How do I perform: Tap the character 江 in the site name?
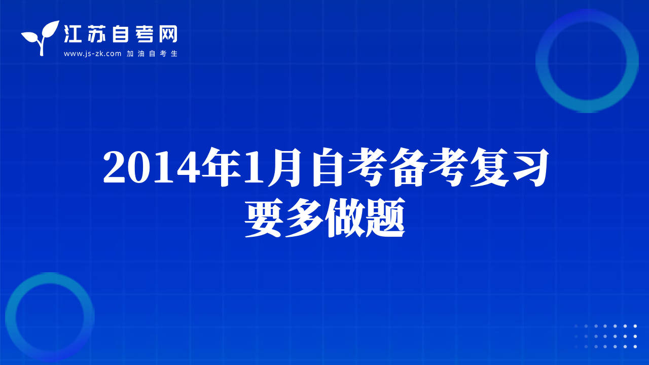[x=73, y=34]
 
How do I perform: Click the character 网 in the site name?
[x=168, y=34]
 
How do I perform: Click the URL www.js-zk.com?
[x=92, y=54]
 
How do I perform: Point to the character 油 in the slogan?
[x=141, y=54]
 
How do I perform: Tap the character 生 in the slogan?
[x=174, y=54]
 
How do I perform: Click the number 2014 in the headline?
[x=152, y=167]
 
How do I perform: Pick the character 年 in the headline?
[x=222, y=167]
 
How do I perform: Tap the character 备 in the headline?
[x=408, y=167]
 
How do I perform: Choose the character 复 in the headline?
[x=489, y=167]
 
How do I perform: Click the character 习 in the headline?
[x=530, y=167]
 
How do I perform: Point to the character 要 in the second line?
[x=264, y=218]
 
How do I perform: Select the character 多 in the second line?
[x=304, y=218]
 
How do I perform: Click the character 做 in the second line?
[x=345, y=218]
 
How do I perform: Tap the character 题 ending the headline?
[x=385, y=218]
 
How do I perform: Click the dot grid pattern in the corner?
[x=605, y=336]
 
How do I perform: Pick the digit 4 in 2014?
[x=189, y=167]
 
